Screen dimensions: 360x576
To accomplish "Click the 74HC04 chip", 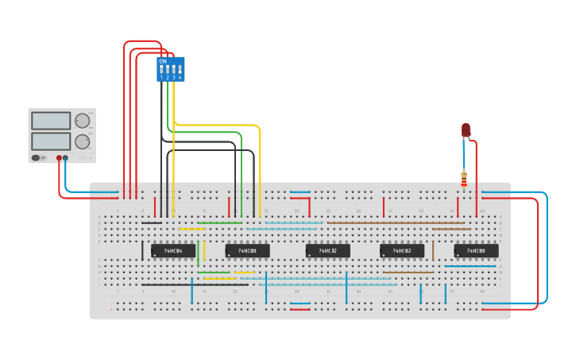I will pos(173,250).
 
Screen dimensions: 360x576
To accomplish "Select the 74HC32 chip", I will pos(327,250).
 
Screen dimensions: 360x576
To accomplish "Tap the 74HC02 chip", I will pos(401,250).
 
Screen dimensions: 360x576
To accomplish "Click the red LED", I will pos(466,130).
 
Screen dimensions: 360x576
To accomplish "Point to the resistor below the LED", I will pos(464,180).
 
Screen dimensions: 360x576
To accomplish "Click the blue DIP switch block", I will pos(171,69).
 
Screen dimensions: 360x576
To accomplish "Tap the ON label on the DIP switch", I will pos(163,61).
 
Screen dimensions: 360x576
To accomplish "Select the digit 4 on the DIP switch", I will pos(180,78).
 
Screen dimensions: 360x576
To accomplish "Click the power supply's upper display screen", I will pos(51,121).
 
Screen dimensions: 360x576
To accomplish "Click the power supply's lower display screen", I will pos(51,141).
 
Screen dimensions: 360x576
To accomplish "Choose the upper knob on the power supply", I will pos(82,121).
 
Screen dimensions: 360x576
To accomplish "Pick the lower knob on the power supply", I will pos(82,142).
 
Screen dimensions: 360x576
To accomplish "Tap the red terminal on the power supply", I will pos(59,158).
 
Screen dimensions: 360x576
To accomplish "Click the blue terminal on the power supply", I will pos(66,158).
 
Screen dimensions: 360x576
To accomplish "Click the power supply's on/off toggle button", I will pos(37,158).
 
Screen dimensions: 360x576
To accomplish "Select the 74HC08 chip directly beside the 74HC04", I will pos(247,250).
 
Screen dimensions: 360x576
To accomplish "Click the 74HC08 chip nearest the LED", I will pos(476,250).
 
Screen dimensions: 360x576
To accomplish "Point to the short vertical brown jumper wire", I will pos(433,251).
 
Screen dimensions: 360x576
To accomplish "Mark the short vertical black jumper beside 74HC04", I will pos(142,251).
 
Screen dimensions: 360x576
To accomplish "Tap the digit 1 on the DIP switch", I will pos(161,78).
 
